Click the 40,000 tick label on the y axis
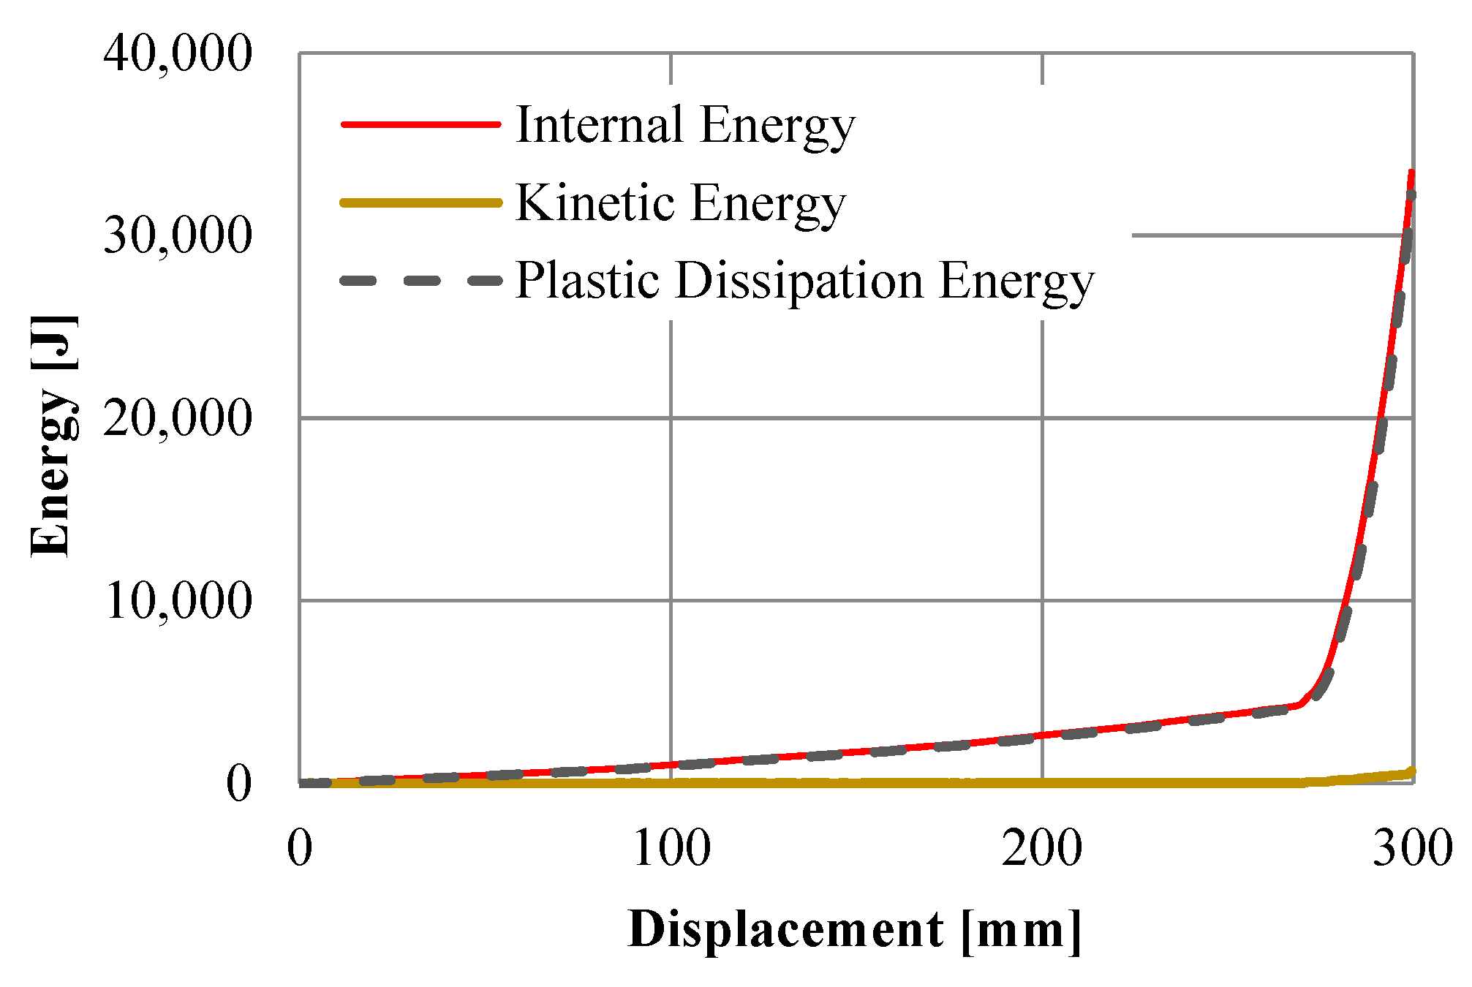(178, 53)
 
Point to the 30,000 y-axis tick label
(178, 235)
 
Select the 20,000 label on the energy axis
(178, 418)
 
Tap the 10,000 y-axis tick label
(178, 601)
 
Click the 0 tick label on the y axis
(238, 784)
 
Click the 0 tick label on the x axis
(299, 848)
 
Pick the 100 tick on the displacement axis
(671, 848)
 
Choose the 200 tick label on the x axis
(1041, 848)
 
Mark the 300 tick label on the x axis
(1411, 848)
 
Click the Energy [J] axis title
(53, 436)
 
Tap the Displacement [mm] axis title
(854, 931)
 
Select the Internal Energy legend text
(685, 125)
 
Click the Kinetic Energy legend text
(680, 203)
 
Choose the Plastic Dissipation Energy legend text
(804, 281)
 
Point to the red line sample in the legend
(420, 124)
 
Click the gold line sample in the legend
(420, 203)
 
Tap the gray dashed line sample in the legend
(420, 281)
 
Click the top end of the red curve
(1411, 172)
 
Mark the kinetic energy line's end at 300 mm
(1411, 771)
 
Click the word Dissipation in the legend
(799, 281)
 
